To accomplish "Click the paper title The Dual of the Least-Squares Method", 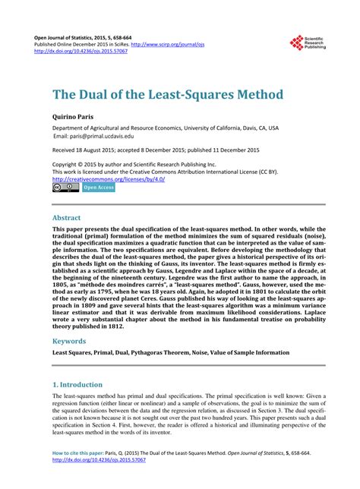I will (167, 96).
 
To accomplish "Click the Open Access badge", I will (99, 187).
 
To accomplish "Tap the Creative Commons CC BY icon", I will (65, 187).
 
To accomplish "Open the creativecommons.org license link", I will (104, 178).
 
